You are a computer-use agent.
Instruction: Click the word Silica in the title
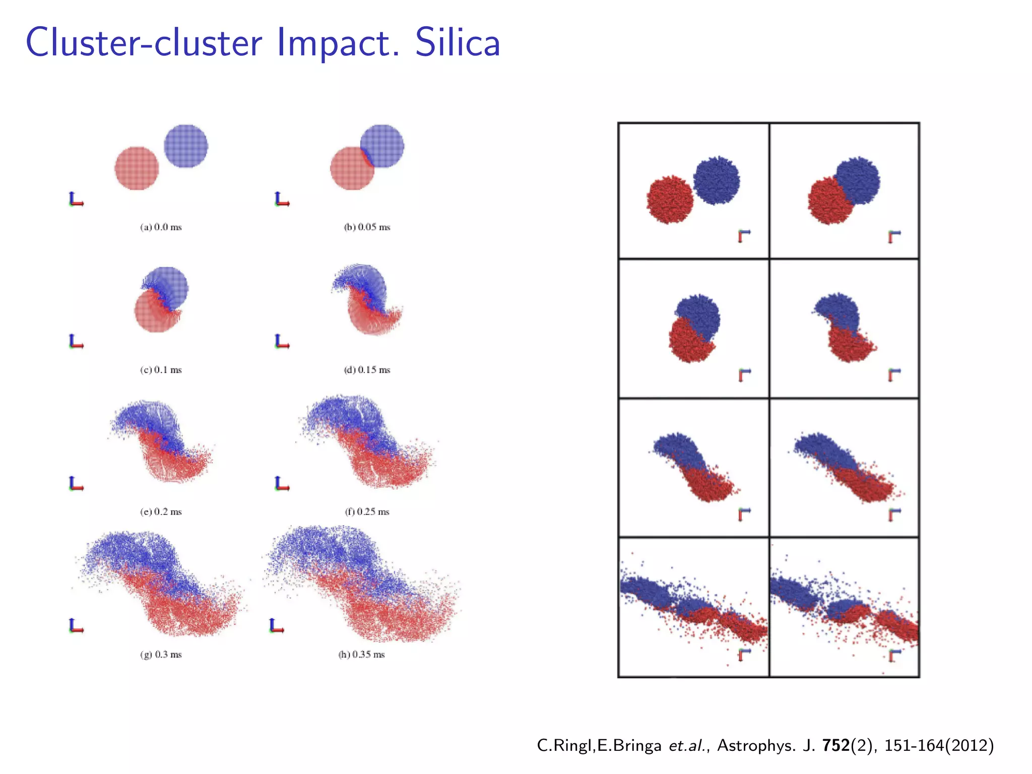458,42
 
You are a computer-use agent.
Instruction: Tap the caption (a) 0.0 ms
161,227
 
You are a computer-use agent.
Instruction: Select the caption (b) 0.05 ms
367,227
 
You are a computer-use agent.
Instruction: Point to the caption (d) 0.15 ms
367,370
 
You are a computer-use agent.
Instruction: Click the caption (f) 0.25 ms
367,512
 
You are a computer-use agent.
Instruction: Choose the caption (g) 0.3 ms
161,655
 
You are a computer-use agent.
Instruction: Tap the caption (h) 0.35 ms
361,655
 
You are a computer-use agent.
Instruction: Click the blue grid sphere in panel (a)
186,146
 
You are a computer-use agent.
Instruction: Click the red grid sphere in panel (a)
137,168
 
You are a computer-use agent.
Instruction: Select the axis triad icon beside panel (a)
76,200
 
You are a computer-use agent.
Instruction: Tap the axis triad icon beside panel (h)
276,626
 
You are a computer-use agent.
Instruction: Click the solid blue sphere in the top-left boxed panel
716,180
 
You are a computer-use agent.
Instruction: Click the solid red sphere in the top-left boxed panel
670,200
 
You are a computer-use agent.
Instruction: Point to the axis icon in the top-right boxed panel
894,236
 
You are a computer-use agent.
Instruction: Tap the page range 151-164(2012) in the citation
939,745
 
